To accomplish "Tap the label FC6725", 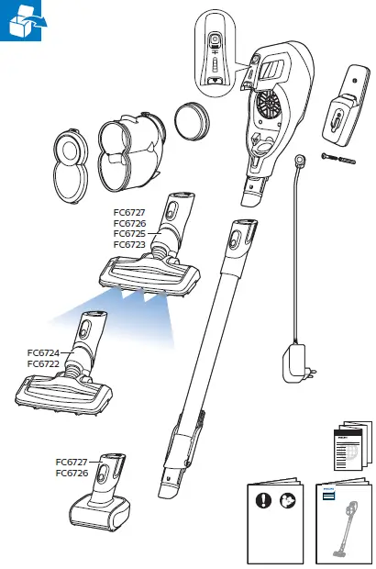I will [129, 234].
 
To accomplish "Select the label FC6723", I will [129, 245].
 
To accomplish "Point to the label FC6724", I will [43, 353].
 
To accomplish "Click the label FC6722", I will [43, 364].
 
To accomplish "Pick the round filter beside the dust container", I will [189, 118].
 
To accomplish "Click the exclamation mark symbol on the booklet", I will [263, 501].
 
